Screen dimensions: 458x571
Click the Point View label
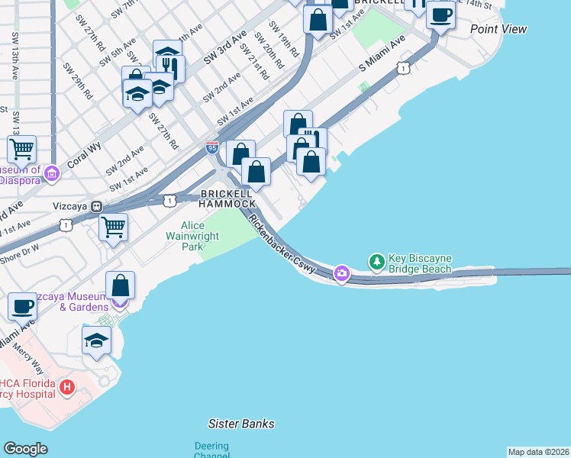point(498,29)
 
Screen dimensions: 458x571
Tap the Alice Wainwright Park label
point(200,237)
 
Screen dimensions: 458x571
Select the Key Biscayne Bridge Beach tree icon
point(376,263)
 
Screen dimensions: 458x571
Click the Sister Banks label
point(241,424)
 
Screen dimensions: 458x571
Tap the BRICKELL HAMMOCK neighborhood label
point(227,198)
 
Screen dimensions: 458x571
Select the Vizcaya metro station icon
point(97,206)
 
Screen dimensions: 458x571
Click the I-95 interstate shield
point(211,144)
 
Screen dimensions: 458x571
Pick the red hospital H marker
point(66,388)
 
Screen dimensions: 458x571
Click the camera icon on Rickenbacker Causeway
point(341,273)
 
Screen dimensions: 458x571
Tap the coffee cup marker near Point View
point(440,14)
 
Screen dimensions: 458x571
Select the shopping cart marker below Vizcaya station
point(113,226)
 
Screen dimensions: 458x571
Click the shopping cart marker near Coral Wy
point(22,148)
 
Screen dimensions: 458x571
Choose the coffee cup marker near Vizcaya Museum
point(22,306)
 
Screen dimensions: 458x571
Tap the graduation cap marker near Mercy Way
point(97,340)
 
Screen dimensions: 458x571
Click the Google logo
point(25,449)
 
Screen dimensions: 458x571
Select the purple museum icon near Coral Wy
point(52,174)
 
